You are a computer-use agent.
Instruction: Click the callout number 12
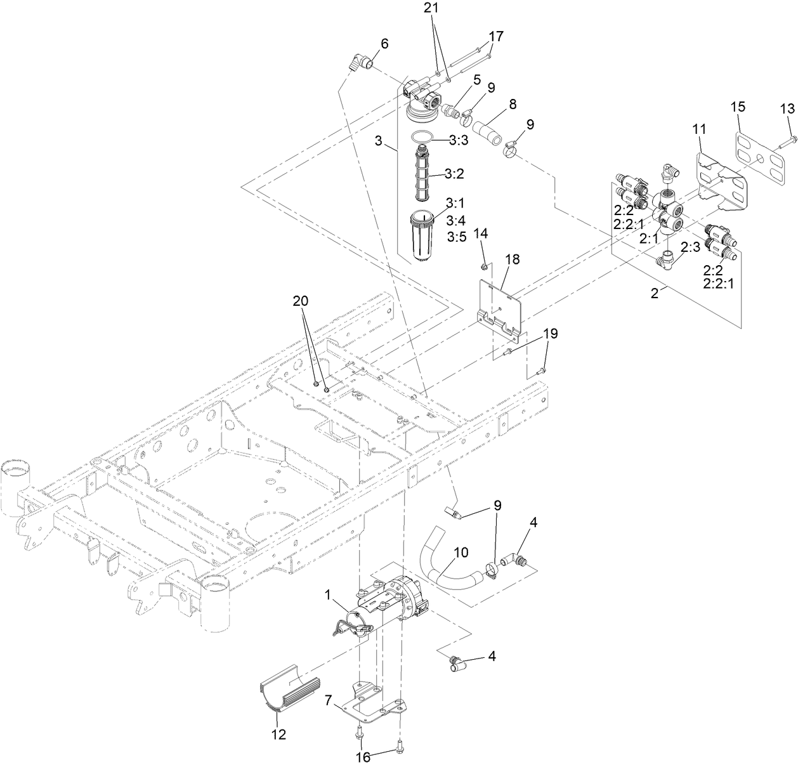point(278,735)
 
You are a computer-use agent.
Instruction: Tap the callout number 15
point(738,107)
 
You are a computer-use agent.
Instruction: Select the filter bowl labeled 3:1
point(421,235)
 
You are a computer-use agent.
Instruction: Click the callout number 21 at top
point(431,8)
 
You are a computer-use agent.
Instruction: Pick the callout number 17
point(496,36)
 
